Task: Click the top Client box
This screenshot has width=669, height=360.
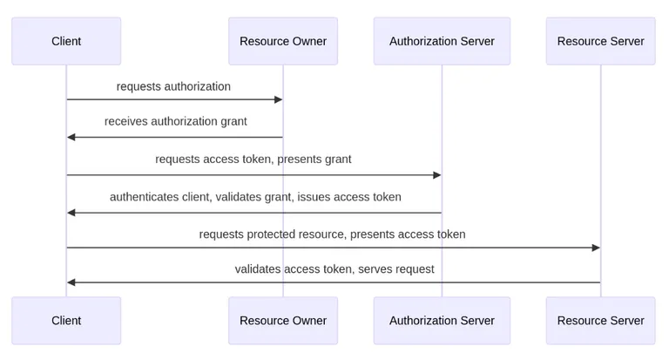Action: [66, 41]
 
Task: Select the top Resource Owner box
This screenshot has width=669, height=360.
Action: [282, 41]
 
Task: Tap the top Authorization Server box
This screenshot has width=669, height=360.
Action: [442, 41]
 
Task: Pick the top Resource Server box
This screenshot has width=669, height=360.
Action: [600, 41]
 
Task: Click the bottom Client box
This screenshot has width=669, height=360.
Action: [66, 320]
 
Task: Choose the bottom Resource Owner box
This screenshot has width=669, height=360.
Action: [282, 320]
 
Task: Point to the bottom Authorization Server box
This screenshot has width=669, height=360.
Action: [442, 320]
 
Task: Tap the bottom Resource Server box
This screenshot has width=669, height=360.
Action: [600, 320]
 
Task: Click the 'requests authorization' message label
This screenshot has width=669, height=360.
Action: [173, 86]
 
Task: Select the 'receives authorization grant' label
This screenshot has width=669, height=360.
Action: [175, 121]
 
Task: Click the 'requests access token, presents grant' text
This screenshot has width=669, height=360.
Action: [253, 159]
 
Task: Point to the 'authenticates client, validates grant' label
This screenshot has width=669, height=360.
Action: [255, 197]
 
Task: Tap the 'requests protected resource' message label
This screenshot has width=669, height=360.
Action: [332, 234]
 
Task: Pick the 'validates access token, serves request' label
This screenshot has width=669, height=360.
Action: [334, 268]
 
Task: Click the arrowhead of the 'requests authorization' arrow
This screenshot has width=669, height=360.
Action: [278, 100]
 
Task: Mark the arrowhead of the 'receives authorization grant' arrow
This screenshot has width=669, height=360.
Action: [71, 137]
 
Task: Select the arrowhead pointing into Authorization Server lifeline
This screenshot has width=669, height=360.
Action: [436, 175]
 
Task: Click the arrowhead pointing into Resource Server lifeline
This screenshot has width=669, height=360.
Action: [596, 248]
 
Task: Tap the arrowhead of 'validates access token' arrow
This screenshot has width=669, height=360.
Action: [71, 282]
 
